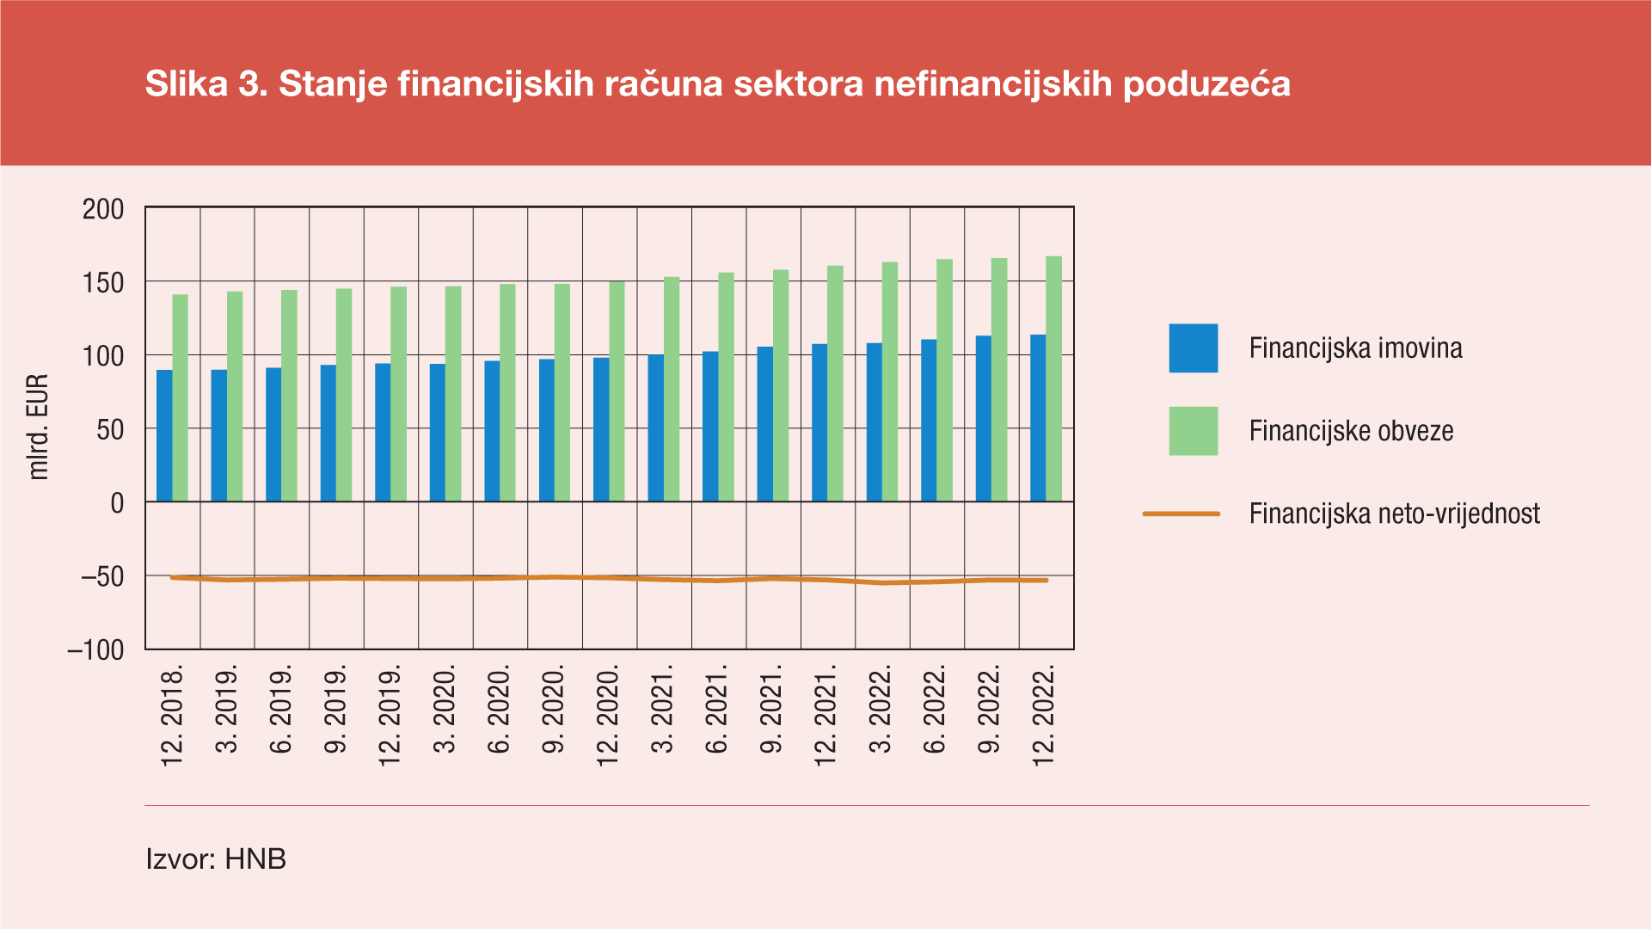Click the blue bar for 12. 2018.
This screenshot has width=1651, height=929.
coord(164,436)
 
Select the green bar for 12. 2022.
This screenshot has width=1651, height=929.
coord(1054,378)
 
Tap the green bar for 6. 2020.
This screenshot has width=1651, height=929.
coord(507,393)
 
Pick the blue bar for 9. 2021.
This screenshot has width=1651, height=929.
coord(764,424)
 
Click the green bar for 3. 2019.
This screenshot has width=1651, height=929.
coord(235,397)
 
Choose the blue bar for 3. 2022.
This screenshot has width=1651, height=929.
coord(874,422)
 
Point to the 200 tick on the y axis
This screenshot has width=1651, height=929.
coord(103,209)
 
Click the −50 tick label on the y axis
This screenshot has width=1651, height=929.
coord(101,576)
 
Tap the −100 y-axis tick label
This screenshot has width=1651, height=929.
coord(95,650)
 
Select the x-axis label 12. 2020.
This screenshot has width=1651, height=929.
coord(608,714)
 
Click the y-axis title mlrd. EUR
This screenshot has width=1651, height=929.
coord(39,428)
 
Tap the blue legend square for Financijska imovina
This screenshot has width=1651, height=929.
coord(1193,348)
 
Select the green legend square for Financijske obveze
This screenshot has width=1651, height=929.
coord(1193,431)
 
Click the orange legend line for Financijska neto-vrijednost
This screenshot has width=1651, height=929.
coord(1181,514)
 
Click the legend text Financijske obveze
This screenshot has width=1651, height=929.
coord(1351,431)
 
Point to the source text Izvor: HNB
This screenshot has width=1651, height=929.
coord(216,859)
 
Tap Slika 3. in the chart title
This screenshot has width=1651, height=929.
coord(206,84)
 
